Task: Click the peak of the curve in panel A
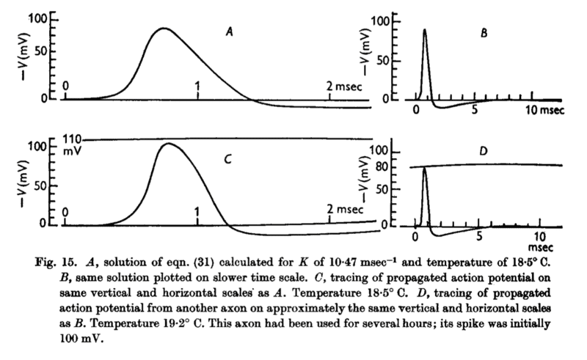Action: point(165,29)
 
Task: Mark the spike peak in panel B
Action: point(424,30)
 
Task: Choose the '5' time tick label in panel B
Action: point(475,110)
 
